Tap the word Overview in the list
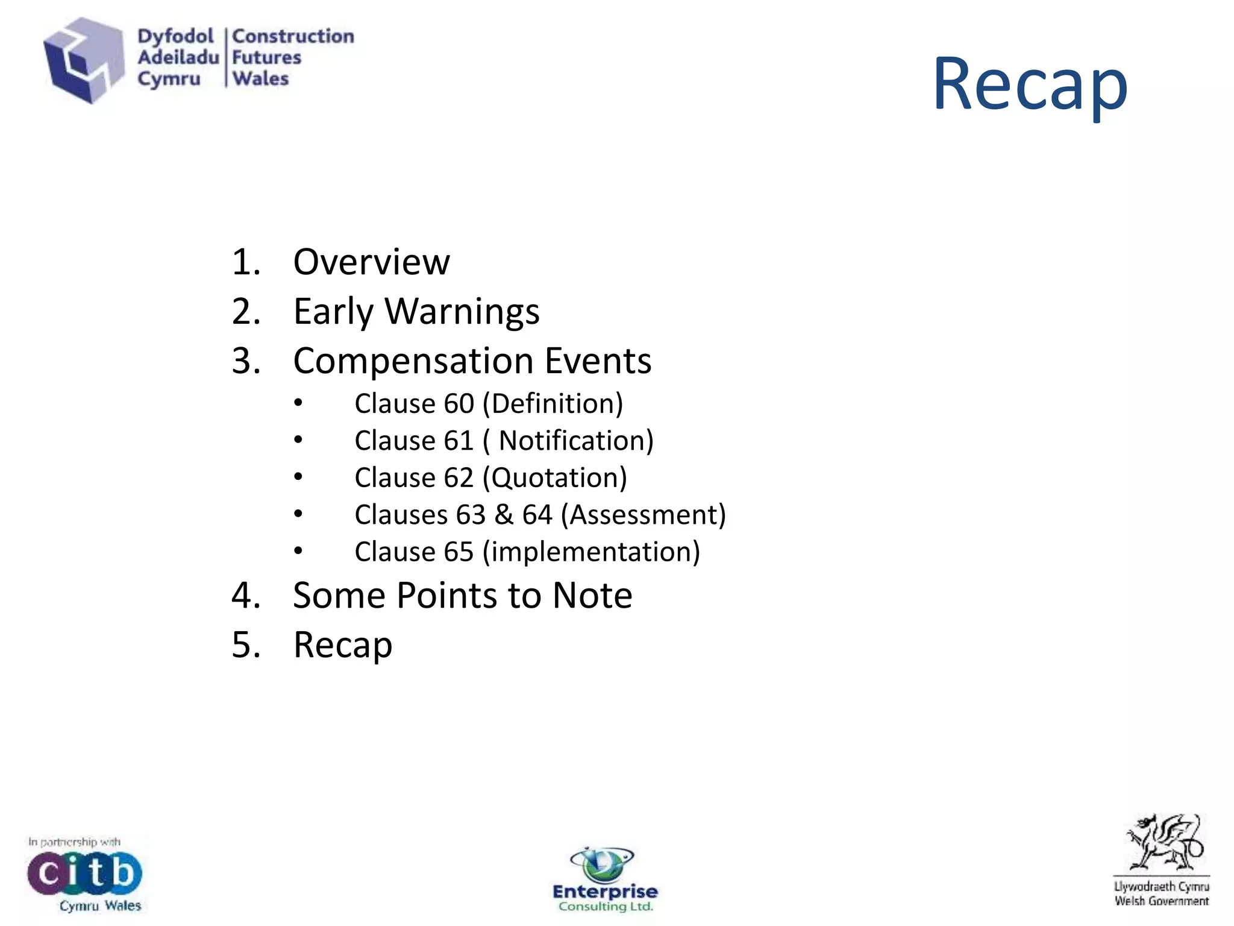pos(371,262)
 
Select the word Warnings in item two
pos(462,312)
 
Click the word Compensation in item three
pos(413,361)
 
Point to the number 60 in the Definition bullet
pos(459,403)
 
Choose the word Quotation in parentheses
pos(556,478)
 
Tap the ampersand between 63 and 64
pos(504,515)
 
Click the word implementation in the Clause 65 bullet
pos(591,552)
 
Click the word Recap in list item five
pos(342,645)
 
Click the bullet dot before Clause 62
pos(298,477)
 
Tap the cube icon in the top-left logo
pos(83,60)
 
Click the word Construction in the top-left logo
pos(293,36)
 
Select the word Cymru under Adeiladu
pos(168,79)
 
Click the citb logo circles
pos(84,873)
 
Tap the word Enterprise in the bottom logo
pos(605,892)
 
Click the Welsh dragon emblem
pos(1163,842)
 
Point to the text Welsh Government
pos(1161,901)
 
